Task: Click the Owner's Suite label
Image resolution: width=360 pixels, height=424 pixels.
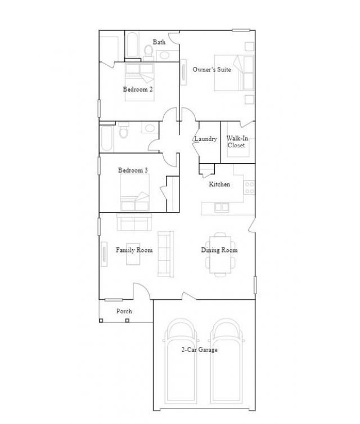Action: coord(211,70)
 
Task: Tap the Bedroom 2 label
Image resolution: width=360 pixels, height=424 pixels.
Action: coord(138,89)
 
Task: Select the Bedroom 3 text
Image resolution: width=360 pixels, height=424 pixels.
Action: coord(133,170)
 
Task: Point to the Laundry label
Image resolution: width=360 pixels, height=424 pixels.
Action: coord(206,139)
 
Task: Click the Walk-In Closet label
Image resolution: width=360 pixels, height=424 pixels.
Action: coord(237,142)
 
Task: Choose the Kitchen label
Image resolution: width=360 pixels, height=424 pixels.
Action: coord(219,184)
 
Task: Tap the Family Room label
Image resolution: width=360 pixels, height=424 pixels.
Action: coord(134,250)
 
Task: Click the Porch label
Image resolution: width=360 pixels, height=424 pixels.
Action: coord(124,311)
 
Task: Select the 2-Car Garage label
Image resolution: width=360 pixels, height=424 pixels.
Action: coord(199,350)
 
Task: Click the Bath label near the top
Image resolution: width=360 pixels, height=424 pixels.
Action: coord(159,42)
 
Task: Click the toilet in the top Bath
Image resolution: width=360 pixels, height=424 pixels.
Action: coord(148,53)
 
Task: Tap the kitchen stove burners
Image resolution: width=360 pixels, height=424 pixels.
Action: coord(249,188)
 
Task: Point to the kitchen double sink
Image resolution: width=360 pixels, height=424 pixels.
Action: coord(222,208)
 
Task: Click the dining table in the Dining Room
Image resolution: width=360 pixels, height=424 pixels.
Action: coord(220,255)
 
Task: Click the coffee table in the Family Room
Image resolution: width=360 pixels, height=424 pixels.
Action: coord(133,254)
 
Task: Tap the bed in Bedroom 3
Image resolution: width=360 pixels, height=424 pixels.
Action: coord(134,192)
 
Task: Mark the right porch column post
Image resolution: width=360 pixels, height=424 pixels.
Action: coord(127,321)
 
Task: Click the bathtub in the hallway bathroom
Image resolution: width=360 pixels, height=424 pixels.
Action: coord(106,138)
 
